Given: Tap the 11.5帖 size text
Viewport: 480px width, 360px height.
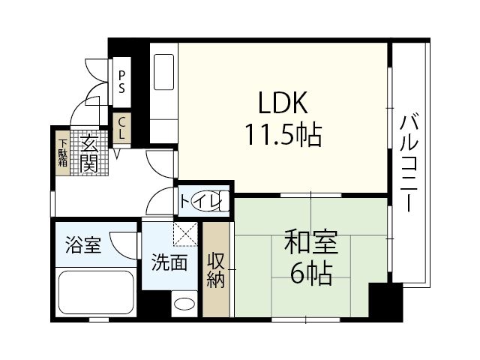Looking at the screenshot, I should tap(282, 135).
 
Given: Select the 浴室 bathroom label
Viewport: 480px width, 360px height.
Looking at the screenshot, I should tap(82, 245).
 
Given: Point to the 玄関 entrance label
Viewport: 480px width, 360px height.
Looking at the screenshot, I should tap(88, 152).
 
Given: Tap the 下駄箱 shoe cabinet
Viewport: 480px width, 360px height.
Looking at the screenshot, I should tap(63, 152).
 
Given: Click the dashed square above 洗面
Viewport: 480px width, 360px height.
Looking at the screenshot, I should tap(184, 235).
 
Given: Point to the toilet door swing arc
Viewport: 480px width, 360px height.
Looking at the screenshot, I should tap(160, 201).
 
